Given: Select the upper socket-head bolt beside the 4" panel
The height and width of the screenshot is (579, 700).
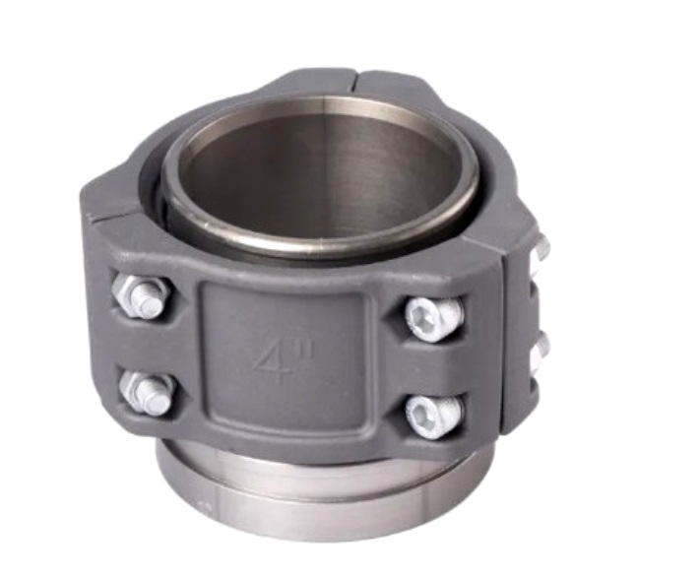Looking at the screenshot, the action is (433, 315).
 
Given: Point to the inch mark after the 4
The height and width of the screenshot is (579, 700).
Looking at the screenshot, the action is (308, 348).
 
